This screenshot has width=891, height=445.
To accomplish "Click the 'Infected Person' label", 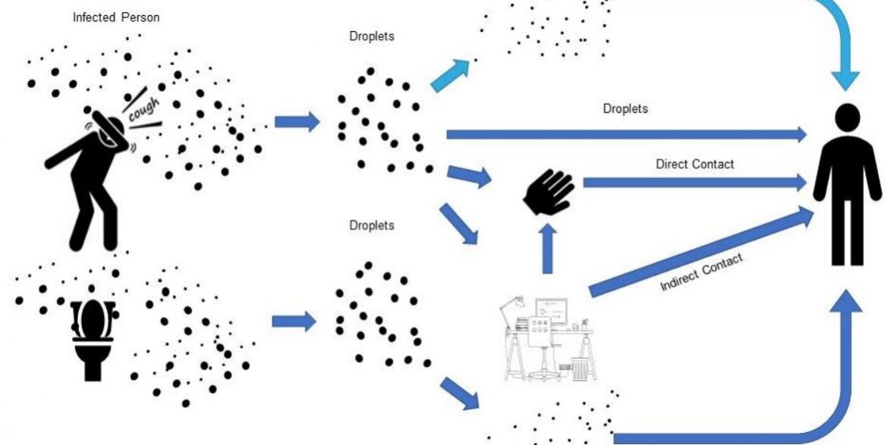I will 116,17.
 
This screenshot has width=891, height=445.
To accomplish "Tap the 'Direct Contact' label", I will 694,164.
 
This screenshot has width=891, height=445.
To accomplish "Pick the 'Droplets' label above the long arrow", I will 625,108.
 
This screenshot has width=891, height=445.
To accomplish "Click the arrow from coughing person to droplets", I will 297,121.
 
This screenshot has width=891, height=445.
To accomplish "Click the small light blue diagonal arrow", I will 450,75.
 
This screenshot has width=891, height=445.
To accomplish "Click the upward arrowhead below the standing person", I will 846,303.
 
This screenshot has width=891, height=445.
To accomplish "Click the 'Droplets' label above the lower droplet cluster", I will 371,225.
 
